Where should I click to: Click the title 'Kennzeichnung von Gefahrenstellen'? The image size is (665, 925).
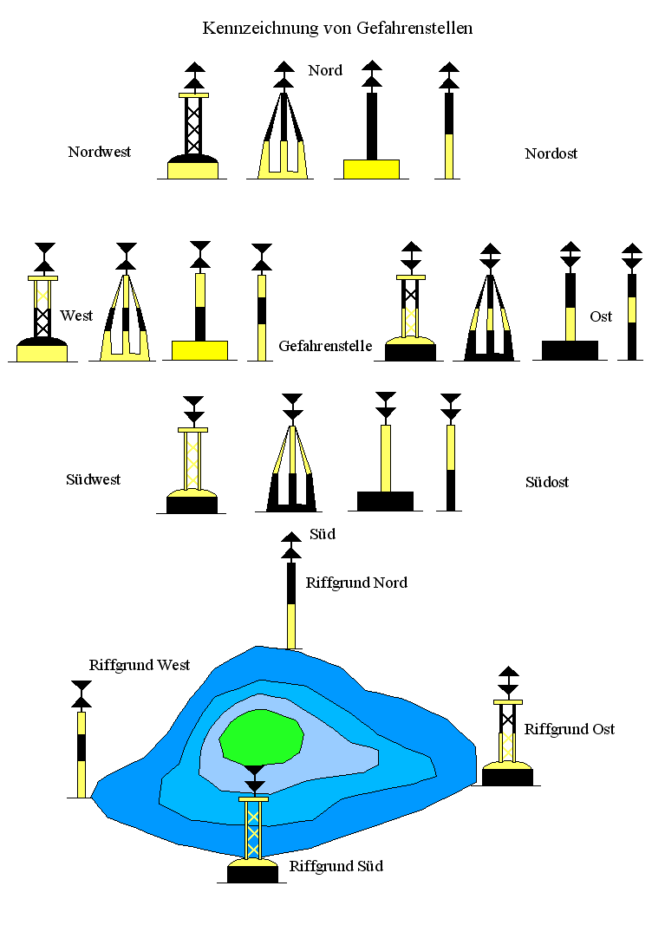point(337,29)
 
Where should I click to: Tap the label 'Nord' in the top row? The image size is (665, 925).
point(325,70)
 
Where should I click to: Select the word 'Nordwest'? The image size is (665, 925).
point(100,152)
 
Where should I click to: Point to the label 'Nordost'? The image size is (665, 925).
point(551,153)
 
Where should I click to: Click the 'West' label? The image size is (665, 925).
point(76,316)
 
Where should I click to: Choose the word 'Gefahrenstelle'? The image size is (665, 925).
point(325,346)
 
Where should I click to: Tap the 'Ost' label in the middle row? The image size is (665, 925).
point(601,316)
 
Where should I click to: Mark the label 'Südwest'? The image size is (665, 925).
point(94,479)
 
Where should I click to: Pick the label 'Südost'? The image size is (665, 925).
point(547,481)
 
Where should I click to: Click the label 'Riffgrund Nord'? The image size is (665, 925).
point(356,583)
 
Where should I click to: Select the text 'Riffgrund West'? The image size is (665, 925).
point(140,665)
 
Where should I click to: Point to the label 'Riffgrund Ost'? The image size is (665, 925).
point(569,729)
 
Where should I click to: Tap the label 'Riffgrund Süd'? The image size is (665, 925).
point(336,866)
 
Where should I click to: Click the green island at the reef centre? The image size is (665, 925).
point(261,737)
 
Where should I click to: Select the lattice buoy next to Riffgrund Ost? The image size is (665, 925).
point(507,737)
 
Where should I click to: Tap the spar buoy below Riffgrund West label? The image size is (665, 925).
point(81,750)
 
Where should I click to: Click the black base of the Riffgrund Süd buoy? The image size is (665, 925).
point(252,874)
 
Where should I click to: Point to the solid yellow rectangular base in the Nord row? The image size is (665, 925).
point(371,168)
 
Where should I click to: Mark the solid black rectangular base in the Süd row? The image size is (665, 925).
point(385,501)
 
